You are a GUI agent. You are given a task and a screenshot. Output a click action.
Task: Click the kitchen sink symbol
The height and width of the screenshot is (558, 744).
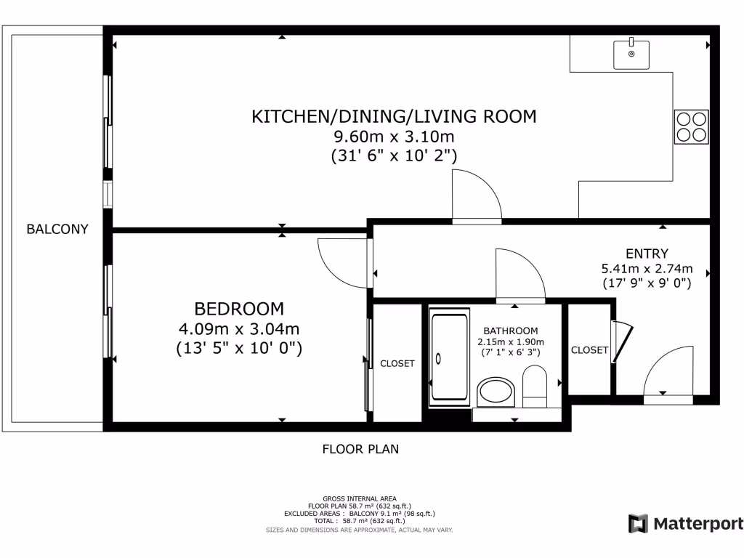coord(631,53)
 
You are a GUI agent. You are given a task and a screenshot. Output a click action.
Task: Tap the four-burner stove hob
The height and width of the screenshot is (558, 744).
coord(690,126)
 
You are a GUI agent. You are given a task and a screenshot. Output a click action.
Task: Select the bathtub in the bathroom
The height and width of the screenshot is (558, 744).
coord(450,356)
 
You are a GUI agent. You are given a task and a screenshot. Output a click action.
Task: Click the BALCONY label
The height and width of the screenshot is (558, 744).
coord(57,230)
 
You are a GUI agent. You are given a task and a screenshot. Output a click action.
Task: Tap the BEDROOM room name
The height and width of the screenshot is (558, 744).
coord(239,308)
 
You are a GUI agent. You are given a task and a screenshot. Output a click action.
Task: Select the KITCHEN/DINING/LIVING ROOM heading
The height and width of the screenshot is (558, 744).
coord(393,116)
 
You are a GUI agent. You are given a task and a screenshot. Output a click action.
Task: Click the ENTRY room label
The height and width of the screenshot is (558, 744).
coord(647,254)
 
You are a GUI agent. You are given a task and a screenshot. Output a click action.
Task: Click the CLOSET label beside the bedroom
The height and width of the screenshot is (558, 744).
coord(397,363)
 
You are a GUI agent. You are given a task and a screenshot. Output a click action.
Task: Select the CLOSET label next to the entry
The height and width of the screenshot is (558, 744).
coord(589,350)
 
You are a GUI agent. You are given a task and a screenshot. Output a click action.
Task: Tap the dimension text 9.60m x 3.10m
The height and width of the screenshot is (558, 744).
coord(394,137)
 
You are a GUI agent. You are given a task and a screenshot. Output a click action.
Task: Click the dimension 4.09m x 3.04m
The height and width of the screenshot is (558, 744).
coord(239,328)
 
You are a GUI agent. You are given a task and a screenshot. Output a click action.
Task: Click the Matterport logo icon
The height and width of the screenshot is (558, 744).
coord(638,523)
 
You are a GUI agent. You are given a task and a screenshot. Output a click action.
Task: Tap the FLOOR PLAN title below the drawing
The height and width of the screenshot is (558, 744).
coord(360,449)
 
